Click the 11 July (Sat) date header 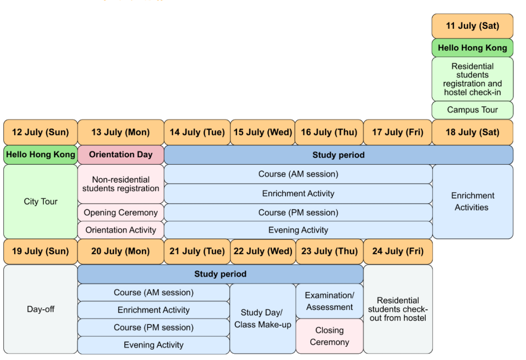coord(472,26)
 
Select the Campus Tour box coord(472,110)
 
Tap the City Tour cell coord(40,202)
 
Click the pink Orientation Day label coord(121,155)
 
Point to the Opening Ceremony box coord(121,213)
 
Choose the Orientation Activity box coord(121,230)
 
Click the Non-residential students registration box coord(121,184)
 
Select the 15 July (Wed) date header coord(263,133)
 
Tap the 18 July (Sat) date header coord(472,133)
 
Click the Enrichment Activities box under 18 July coord(472,202)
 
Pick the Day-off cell coord(40,309)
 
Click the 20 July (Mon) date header coord(121,252)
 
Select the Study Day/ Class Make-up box coord(263,319)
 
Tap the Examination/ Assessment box coord(329,302)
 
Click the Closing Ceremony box coord(329,336)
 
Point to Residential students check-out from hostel coord(398,309)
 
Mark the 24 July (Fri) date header coord(398,252)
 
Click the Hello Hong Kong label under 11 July coord(472,48)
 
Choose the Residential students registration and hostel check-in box coord(472,79)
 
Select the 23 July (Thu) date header coord(329,252)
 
